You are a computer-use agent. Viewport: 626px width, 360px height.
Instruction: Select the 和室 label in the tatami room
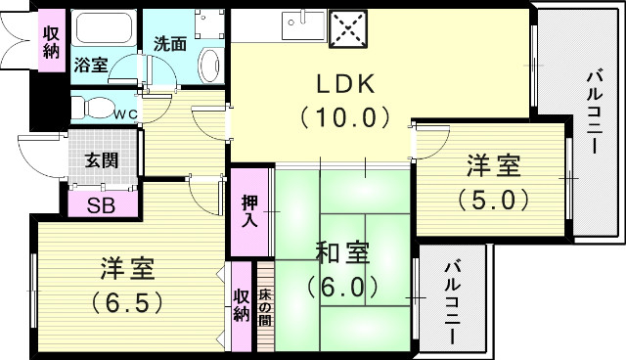click(x=341, y=252)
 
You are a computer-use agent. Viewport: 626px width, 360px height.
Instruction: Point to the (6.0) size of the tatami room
click(x=341, y=287)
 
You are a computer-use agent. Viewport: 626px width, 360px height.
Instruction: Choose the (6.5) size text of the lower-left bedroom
click(x=127, y=300)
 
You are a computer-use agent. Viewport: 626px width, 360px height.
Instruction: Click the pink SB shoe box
click(x=101, y=205)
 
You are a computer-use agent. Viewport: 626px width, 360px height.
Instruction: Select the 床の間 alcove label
click(x=264, y=307)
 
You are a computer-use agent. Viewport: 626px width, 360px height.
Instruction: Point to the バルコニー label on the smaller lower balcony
click(x=453, y=301)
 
